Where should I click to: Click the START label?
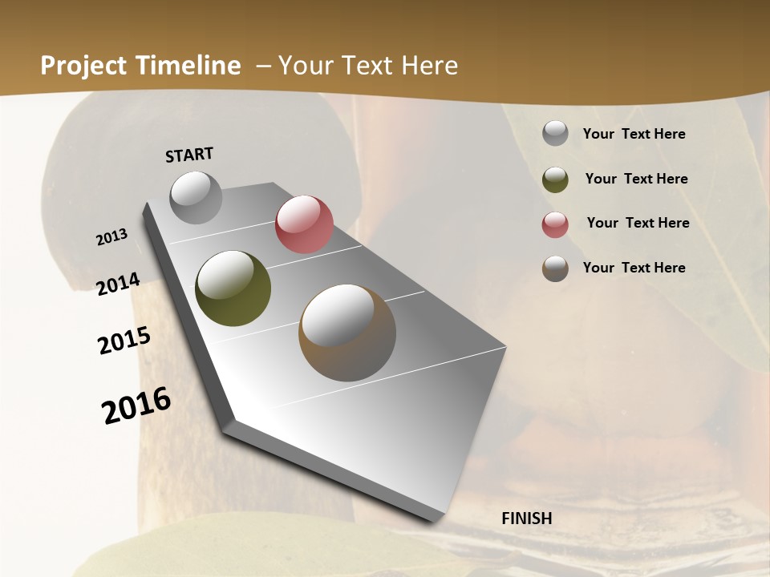(x=189, y=155)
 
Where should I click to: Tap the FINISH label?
(x=526, y=518)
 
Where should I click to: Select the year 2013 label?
(x=112, y=237)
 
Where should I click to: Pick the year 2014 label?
(x=118, y=284)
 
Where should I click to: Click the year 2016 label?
(x=136, y=406)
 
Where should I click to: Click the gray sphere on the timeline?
(x=196, y=197)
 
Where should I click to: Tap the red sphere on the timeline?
(x=304, y=224)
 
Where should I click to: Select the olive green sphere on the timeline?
(x=233, y=288)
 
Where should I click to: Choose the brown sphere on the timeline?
(x=347, y=333)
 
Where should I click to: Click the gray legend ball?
(x=555, y=134)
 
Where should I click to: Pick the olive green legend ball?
(x=555, y=180)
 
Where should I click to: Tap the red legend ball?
(x=555, y=224)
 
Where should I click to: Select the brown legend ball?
(x=555, y=268)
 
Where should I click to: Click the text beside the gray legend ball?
(x=634, y=134)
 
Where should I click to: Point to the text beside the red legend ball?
(x=638, y=223)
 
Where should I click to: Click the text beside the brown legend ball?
(x=634, y=268)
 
